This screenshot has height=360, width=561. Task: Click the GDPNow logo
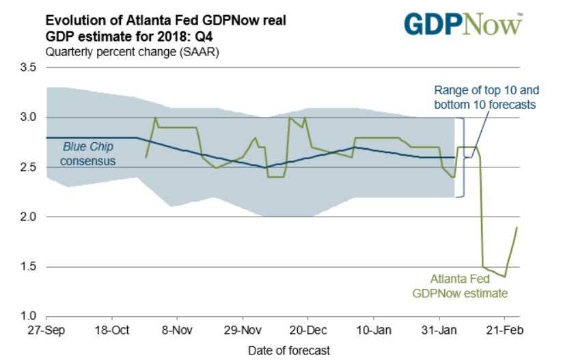coord(462,24)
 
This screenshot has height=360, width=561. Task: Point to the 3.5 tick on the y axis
coord(28,68)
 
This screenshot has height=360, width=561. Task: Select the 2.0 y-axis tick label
coord(28,217)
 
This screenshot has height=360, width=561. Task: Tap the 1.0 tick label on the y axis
coord(28,316)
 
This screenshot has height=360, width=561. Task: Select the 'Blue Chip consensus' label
coord(87,153)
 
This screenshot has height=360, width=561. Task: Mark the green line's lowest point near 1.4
coord(504,276)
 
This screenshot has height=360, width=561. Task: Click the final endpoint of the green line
coord(517,227)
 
